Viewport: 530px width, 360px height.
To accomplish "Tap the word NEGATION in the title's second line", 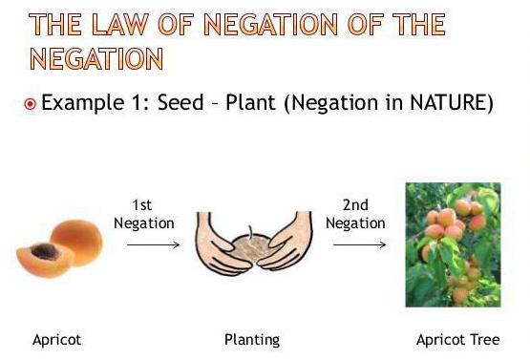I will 96,58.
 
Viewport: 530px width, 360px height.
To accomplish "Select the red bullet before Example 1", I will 30,103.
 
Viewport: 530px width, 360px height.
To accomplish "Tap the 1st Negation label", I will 144,215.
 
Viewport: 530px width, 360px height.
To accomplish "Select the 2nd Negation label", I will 354,215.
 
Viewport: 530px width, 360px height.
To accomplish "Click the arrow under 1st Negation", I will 153,244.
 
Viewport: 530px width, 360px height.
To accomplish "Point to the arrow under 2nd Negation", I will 360,244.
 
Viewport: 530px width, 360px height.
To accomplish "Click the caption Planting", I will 252,339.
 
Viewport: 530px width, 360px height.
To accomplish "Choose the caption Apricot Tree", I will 457,339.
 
